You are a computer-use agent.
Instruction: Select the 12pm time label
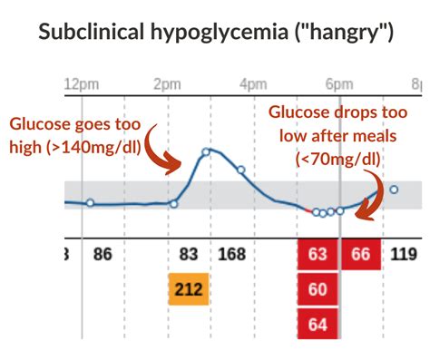pyautogui.click(x=82, y=84)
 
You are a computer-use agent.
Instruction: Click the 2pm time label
pyautogui.click(x=168, y=84)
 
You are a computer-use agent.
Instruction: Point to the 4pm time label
pyautogui.click(x=254, y=84)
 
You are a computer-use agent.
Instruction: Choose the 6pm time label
pyautogui.click(x=339, y=84)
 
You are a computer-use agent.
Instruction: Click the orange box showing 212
pyautogui.click(x=189, y=290)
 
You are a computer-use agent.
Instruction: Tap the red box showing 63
pyautogui.click(x=318, y=255)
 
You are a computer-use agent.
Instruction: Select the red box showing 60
pyautogui.click(x=318, y=290)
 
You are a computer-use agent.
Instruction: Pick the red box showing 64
pyautogui.click(x=318, y=325)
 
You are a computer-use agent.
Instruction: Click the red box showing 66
pyautogui.click(x=361, y=255)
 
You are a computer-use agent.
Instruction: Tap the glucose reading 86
pyautogui.click(x=103, y=255)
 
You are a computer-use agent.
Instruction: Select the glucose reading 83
pyautogui.click(x=189, y=255)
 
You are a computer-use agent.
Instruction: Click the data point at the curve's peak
pyautogui.click(x=206, y=151)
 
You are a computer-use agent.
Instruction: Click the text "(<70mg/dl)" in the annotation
pyautogui.click(x=337, y=159)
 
